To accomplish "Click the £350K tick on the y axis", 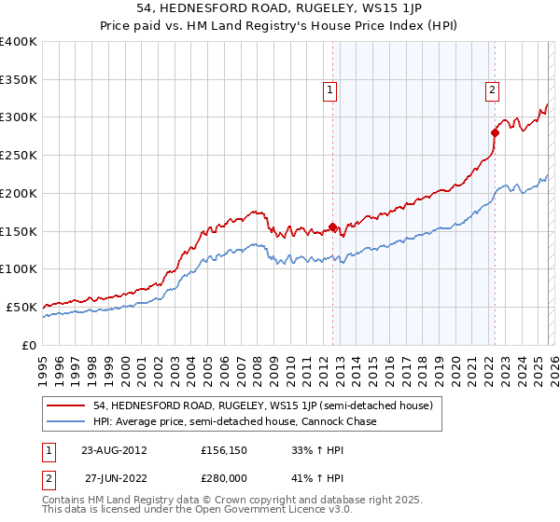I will tap(18, 79).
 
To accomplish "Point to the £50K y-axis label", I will tap(21, 307).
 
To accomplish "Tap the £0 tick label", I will tap(29, 345).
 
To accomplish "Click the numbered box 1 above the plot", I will tap(331, 90).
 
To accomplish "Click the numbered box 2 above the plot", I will tap(492, 90).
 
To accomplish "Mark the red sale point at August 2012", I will tap(333, 227).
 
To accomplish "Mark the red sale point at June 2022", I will tap(495, 132).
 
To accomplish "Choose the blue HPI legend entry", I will tap(234, 422).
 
